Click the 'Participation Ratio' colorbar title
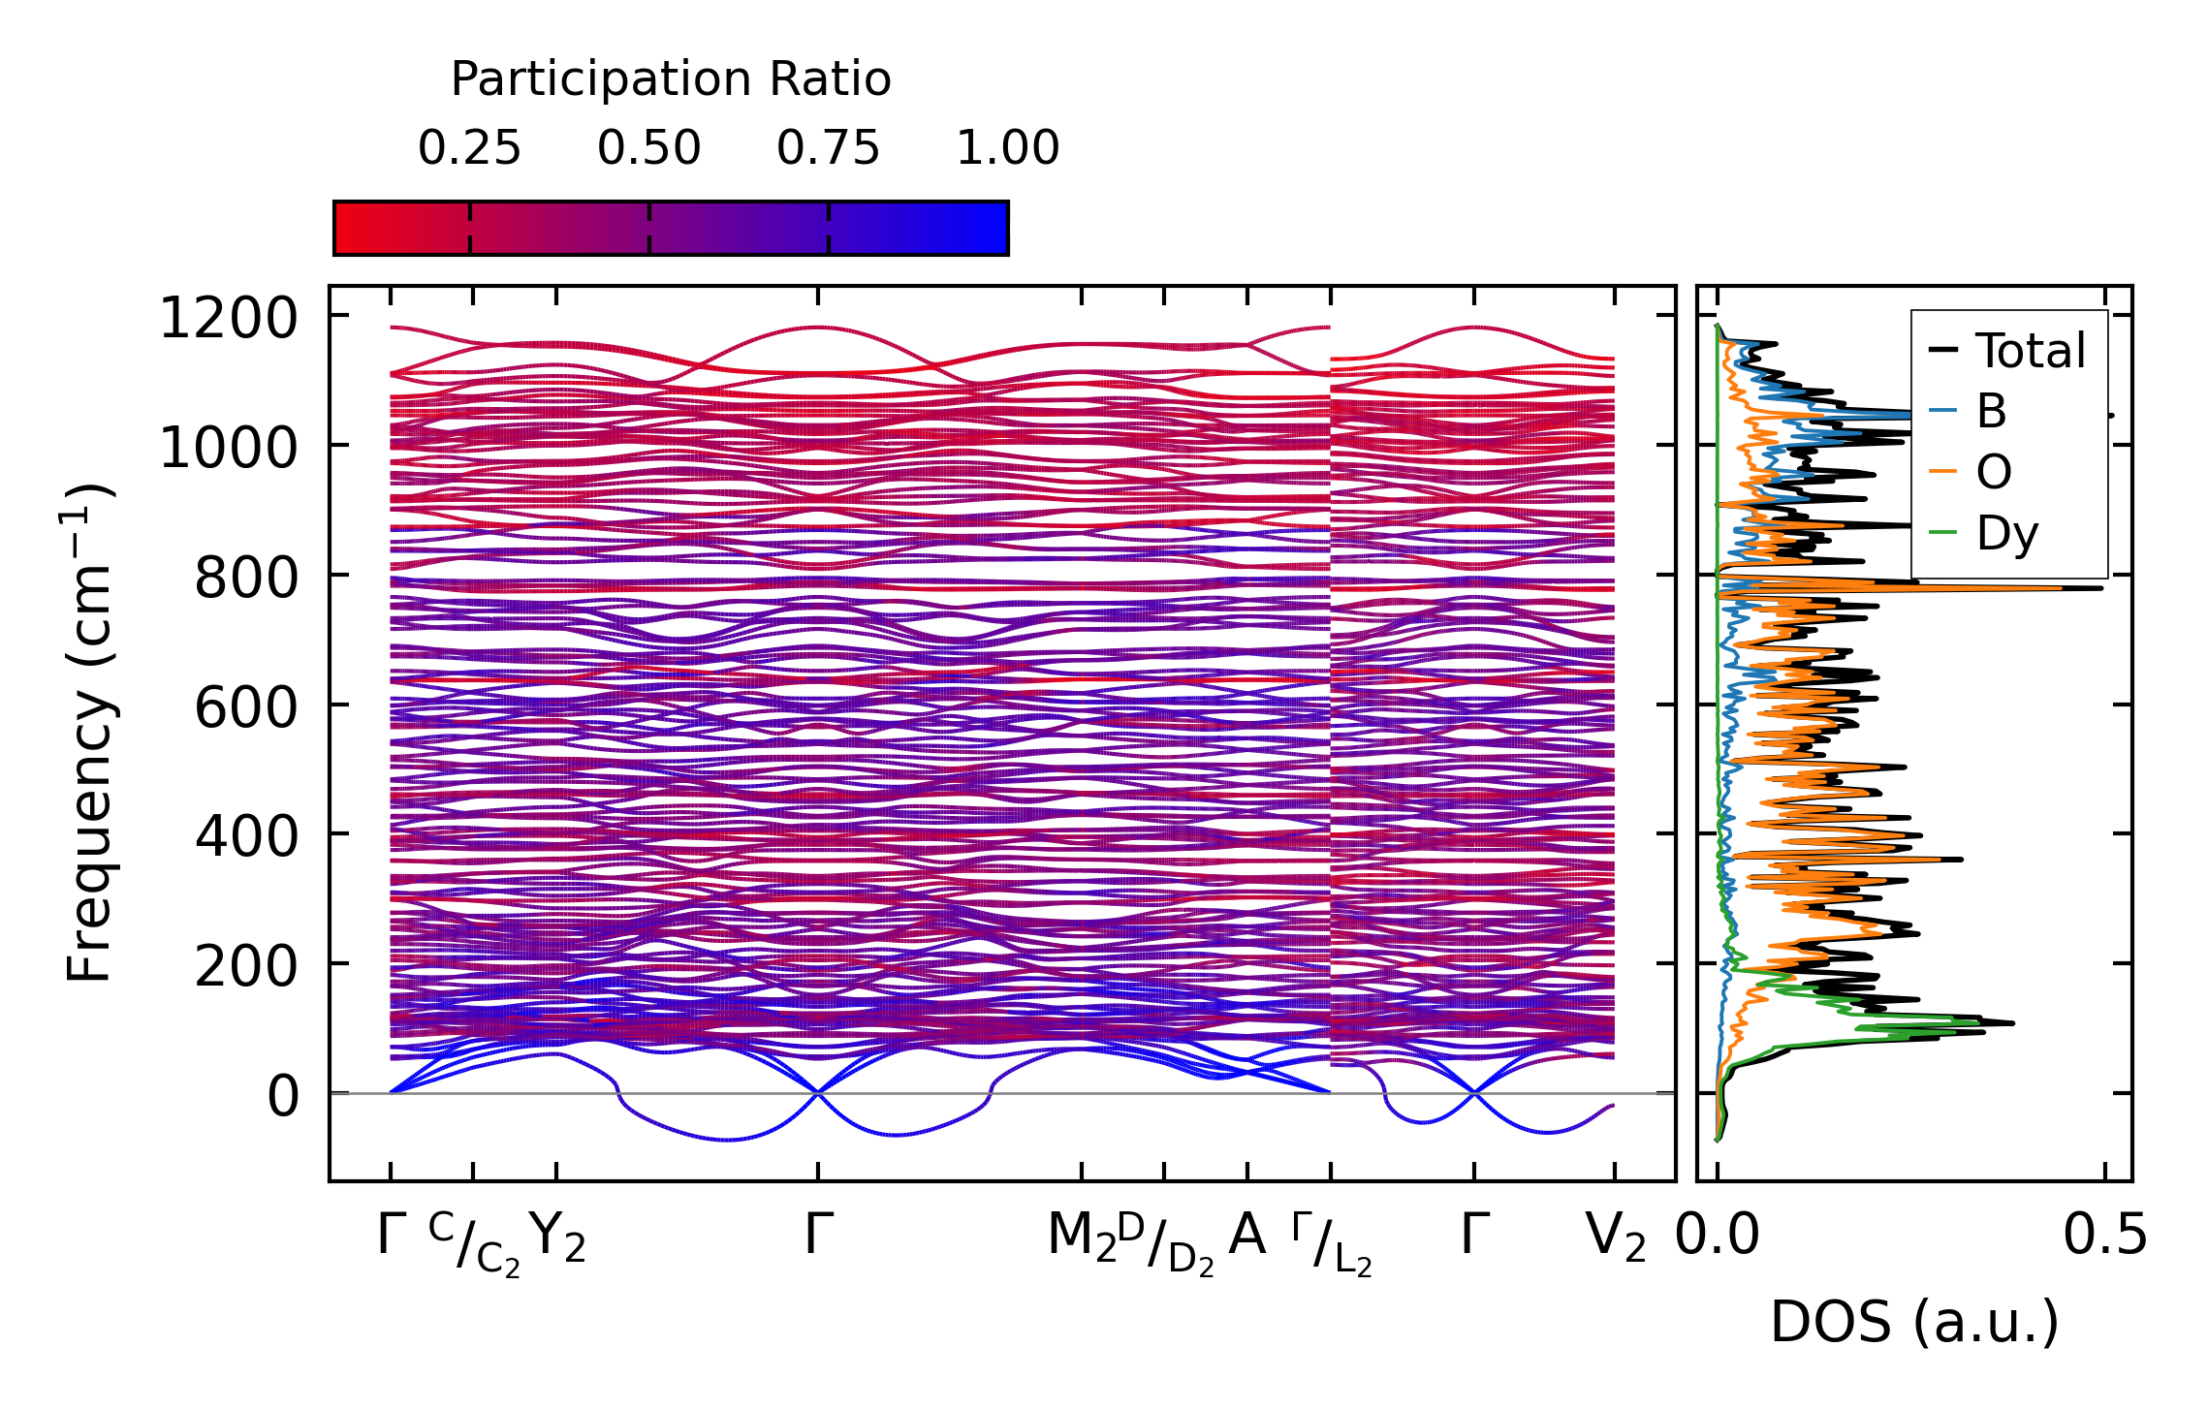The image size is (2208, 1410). pyautogui.click(x=671, y=79)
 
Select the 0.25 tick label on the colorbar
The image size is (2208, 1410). pyautogui.click(x=469, y=148)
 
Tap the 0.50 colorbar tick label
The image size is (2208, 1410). pyautogui.click(x=648, y=148)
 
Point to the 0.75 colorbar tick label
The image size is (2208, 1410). pyautogui.click(x=828, y=148)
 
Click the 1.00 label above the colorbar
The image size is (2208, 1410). pyautogui.click(x=1007, y=148)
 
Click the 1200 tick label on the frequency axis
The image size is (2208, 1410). pyautogui.click(x=229, y=319)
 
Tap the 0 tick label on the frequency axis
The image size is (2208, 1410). pyautogui.click(x=283, y=1097)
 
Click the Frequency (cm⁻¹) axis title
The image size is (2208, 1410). pyautogui.click(x=89, y=734)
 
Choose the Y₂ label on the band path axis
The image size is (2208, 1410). pyautogui.click(x=558, y=1238)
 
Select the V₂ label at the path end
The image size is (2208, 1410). pyautogui.click(x=1615, y=1238)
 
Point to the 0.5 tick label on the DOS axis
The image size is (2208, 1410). pyautogui.click(x=2104, y=1237)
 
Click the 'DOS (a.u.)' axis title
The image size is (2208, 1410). pyautogui.click(x=1914, y=1322)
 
